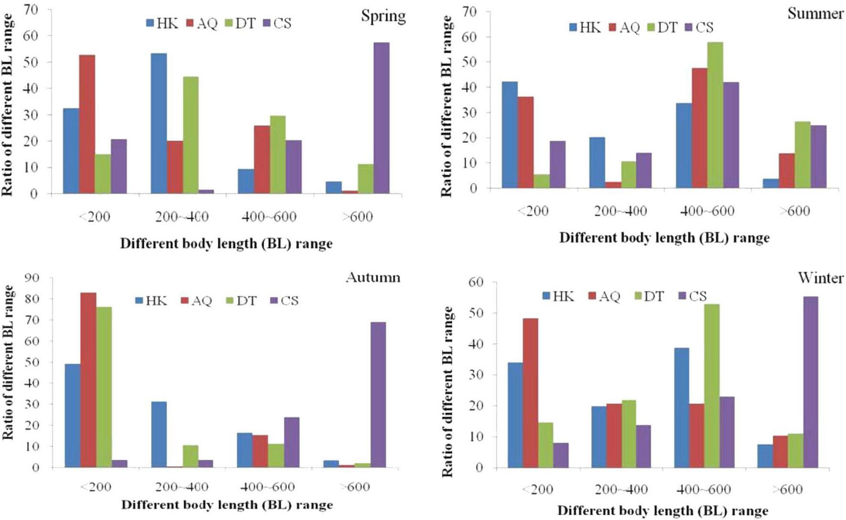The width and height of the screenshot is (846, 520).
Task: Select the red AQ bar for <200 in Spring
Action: [x=87, y=124]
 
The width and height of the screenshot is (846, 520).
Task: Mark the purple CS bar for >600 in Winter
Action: [x=810, y=382]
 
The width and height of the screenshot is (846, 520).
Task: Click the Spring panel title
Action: [x=383, y=16]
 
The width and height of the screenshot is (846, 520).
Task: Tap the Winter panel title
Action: [x=820, y=277]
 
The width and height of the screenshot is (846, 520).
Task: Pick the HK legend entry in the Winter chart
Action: [x=558, y=297]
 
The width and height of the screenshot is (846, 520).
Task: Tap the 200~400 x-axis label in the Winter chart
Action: [x=621, y=489]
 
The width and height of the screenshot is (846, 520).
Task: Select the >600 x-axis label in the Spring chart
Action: [x=358, y=217]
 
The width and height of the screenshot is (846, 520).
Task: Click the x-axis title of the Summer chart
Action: [x=664, y=238]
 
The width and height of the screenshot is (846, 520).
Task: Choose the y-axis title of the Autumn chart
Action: [x=8, y=363]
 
